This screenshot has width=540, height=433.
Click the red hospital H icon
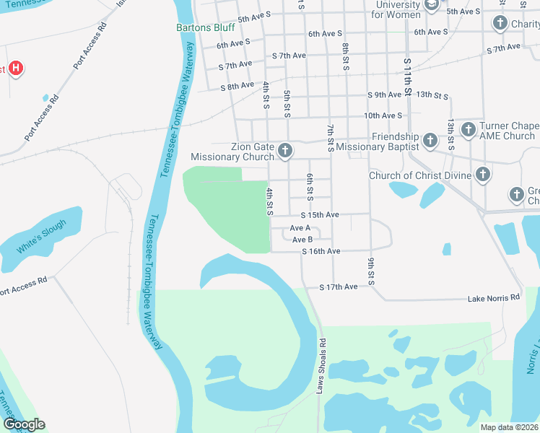point(16,69)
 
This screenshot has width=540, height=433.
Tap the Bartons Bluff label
point(206,28)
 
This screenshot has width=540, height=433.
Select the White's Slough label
point(43,236)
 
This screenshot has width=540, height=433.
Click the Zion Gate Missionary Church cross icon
point(284,151)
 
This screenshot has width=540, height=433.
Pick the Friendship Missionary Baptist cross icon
point(430,139)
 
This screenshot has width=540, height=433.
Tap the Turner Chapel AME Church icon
point(468,130)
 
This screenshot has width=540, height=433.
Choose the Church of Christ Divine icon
point(482,175)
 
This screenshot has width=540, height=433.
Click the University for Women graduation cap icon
point(432,6)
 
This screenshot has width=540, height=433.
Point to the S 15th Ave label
point(319,215)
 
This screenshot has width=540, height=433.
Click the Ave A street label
point(300,227)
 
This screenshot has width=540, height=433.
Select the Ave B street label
point(302,240)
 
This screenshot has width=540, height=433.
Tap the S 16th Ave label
point(321,251)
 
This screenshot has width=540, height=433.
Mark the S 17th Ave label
point(339,287)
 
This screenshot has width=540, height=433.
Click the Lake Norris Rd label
point(493,297)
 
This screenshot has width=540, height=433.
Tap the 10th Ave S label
point(383,115)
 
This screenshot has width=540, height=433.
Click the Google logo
point(24,424)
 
